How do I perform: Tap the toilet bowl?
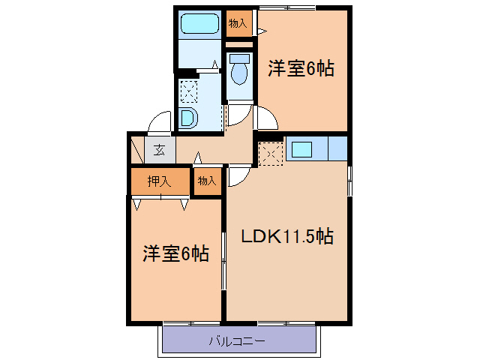pyautogui.click(x=239, y=74)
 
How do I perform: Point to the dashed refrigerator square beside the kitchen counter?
pyautogui.click(x=270, y=153)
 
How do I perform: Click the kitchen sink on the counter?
pyautogui.click(x=302, y=149)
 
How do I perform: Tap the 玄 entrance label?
pyautogui.click(x=160, y=149)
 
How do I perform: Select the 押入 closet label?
pyautogui.click(x=159, y=181)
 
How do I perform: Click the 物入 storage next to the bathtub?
pyautogui.click(x=238, y=24)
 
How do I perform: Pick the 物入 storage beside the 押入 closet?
pyautogui.click(x=207, y=181)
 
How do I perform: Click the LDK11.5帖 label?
pyautogui.click(x=287, y=236)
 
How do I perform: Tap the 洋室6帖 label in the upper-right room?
pyautogui.click(x=301, y=69)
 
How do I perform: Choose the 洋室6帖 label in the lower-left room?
pyautogui.click(x=175, y=253)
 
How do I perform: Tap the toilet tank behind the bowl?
pyautogui.click(x=239, y=58)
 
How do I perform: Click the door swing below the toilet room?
pyautogui.click(x=238, y=115)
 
